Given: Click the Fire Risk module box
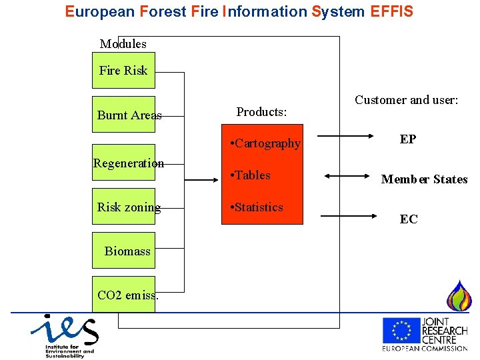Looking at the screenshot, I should (123, 71).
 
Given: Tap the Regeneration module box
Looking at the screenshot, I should (124, 163).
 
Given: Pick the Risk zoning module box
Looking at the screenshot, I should (124, 207).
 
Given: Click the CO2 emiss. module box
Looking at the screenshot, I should (124, 295).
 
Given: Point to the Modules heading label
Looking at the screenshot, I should (123, 44).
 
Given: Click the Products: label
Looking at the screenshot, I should (261, 112).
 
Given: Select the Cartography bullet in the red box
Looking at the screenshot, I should (265, 143).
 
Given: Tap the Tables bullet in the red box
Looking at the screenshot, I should (249, 175).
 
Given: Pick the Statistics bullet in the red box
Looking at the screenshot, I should (256, 207).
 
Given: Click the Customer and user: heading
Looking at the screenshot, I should (406, 100).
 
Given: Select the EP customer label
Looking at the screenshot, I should (408, 139).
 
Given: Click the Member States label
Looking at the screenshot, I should (424, 179).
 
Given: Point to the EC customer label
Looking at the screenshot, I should (409, 219).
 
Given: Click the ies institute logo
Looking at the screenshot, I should (63, 335).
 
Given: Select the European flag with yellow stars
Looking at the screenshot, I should (401, 331).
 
